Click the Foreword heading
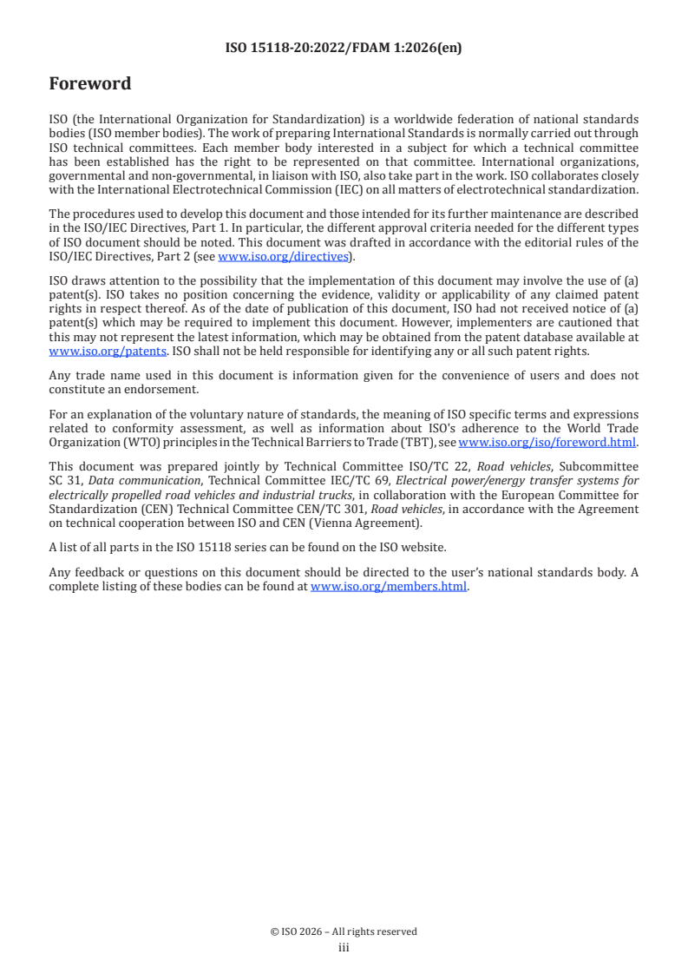90,84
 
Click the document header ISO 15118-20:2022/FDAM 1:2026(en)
344,49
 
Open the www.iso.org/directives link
283,257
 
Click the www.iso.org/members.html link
389,587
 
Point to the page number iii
344,948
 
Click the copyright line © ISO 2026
344,931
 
